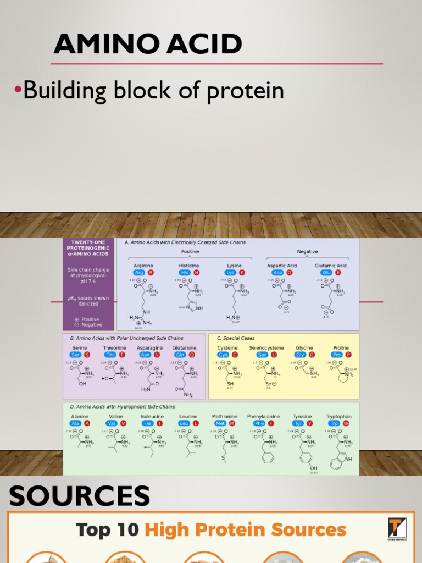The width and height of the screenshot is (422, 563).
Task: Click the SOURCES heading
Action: (79, 496)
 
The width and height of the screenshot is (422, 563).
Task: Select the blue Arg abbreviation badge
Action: (140, 273)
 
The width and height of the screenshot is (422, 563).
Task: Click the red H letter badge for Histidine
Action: (196, 273)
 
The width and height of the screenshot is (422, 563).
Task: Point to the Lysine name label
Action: (234, 266)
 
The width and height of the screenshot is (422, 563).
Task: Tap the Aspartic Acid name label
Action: (282, 266)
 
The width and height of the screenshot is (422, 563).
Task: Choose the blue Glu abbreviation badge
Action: (326, 273)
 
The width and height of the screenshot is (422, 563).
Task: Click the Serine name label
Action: (80, 348)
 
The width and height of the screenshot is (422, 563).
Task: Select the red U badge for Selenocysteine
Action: (274, 355)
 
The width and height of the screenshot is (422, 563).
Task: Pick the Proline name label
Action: (341, 348)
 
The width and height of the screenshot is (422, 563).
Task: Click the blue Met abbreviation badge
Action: (220, 424)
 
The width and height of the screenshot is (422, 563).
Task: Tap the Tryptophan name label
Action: (338, 417)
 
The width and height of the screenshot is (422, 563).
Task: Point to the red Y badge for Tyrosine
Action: (309, 424)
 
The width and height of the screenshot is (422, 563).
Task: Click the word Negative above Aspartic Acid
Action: (307, 252)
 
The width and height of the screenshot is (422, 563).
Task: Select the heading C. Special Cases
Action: (236, 339)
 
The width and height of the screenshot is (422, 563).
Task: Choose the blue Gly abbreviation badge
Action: (301, 355)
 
